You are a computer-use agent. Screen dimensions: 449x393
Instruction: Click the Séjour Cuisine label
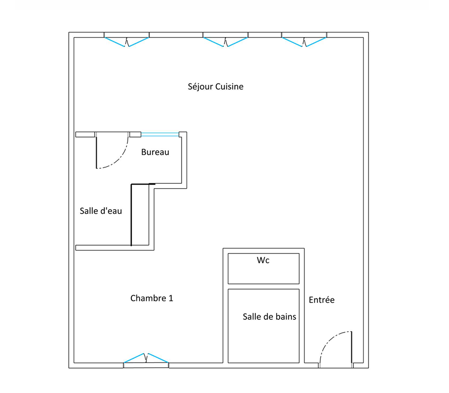tap(215, 87)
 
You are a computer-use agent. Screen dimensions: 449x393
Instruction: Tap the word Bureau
tap(155, 152)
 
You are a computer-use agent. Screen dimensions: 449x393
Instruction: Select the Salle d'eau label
tap(101, 211)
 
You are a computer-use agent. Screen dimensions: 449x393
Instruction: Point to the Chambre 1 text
tap(152, 298)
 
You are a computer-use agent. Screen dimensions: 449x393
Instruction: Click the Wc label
tap(263, 260)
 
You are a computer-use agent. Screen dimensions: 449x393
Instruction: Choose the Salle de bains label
tap(269, 316)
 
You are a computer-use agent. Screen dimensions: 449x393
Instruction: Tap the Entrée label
tap(322, 300)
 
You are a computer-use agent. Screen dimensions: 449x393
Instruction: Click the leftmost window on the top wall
tap(126, 39)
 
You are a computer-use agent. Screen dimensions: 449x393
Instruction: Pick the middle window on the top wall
tap(225, 39)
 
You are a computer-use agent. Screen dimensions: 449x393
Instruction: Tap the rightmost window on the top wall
tap(304, 39)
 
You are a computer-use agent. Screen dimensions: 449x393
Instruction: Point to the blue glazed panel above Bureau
tap(160, 135)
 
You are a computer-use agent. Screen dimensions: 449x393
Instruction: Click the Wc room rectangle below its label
tap(264, 273)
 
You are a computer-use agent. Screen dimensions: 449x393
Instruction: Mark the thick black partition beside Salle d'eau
tap(131, 215)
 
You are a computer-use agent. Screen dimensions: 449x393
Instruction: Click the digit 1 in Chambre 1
tap(171, 298)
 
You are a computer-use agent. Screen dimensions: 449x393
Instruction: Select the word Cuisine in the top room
tap(229, 86)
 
